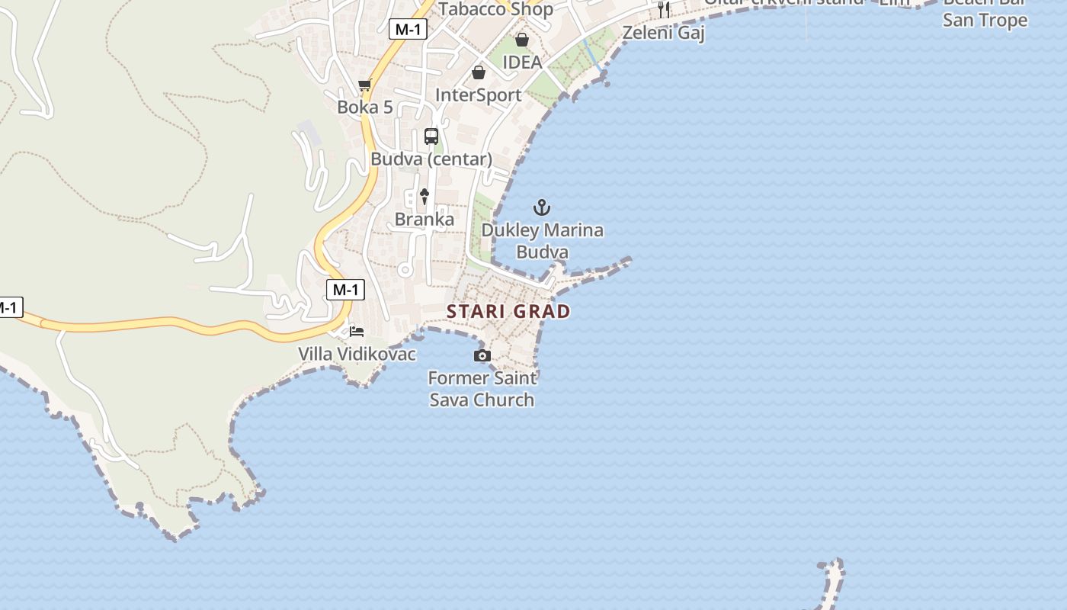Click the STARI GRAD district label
[508, 311]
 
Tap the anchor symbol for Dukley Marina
[541, 207]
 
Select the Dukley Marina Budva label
[542, 241]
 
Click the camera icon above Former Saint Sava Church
[482, 355]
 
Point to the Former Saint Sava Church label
[482, 389]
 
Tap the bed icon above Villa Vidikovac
[356, 332]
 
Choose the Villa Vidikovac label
[357, 354]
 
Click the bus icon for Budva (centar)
[431, 136]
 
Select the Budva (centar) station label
[431, 159]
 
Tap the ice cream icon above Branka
[425, 197]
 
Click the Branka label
[425, 220]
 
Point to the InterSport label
[478, 95]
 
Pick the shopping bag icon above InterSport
[479, 72]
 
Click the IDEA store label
[522, 63]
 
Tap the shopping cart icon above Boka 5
[365, 85]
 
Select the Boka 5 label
[365, 108]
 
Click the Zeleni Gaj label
[664, 33]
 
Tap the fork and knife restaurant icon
[664, 9]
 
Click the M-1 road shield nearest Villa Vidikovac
[345, 290]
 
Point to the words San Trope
[985, 21]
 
